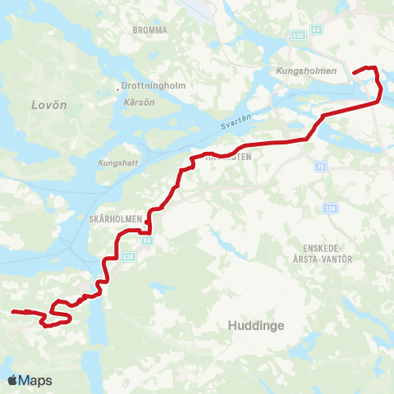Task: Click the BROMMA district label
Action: coord(149,30)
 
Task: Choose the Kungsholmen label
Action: coord(307,71)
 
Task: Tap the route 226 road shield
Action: coord(328,208)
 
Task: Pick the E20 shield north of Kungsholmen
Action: coord(297,35)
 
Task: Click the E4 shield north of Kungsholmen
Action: coord(318,35)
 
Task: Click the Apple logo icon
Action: coord(12,380)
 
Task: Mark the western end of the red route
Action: coord(12,312)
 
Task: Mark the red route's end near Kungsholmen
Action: coord(355,73)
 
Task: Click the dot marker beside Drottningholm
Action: coord(119,85)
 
